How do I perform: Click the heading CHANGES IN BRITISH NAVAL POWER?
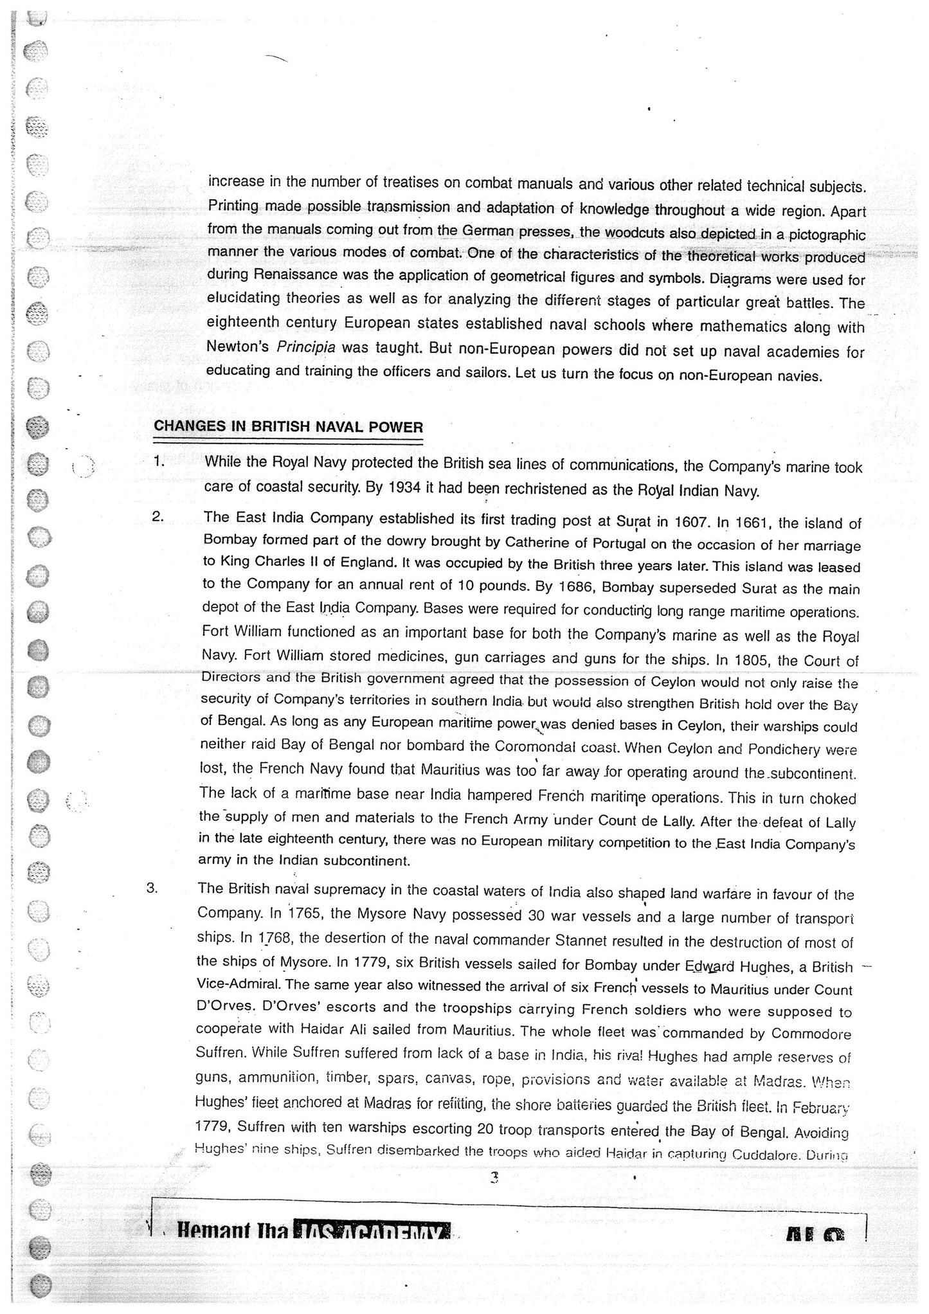(287, 428)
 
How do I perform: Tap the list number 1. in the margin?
(159, 461)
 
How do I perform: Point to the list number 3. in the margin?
(152, 888)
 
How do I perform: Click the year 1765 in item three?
(302, 914)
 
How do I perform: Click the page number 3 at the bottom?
(494, 1178)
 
